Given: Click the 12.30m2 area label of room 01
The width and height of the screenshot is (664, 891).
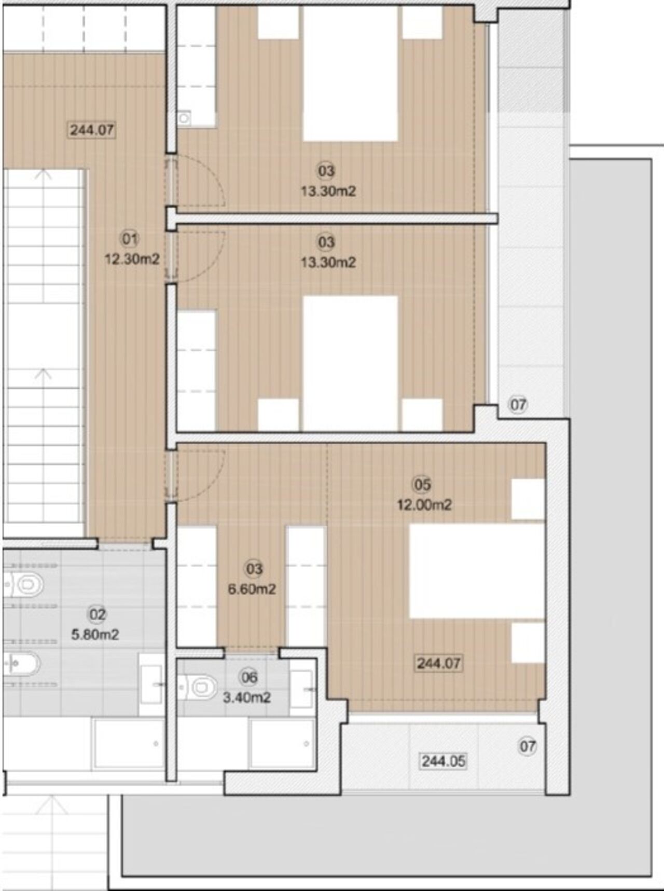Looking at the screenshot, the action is point(132,258).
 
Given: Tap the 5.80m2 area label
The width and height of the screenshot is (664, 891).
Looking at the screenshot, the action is point(95,634).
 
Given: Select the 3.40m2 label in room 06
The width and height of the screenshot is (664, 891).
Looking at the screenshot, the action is point(247,697).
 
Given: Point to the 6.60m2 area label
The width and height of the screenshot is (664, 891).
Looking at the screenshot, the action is point(252,589).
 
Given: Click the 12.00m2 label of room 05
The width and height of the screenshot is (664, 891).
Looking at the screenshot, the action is point(424,504).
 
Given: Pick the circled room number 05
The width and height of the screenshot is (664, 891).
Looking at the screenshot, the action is point(422,485).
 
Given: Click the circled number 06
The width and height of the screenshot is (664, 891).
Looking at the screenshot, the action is point(249,677).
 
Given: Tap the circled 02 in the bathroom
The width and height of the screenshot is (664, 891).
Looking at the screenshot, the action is point(97,615).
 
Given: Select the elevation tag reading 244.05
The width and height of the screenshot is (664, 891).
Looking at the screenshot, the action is point(444,761).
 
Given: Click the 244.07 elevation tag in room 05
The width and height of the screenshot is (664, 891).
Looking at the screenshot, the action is point(439,663).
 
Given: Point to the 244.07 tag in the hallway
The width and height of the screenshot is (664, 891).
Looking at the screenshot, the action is point(92,129).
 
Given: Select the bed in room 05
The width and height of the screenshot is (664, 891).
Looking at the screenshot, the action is point(477,571).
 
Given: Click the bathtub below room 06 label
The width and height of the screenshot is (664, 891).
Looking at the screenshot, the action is point(282,744).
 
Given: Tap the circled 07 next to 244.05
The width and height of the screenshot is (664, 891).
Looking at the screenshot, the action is point(527,746).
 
